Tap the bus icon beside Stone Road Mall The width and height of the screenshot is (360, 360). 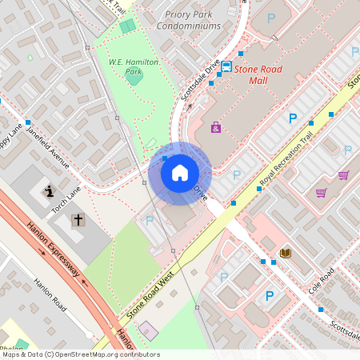click(x=226, y=67)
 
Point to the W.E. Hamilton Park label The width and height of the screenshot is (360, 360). click(x=134, y=66)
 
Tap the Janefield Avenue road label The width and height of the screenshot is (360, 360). click(x=48, y=147)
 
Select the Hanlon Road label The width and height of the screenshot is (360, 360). click(x=50, y=295)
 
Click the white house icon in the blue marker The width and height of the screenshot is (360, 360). click(x=180, y=173)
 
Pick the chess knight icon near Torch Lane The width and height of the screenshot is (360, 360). click(x=49, y=191)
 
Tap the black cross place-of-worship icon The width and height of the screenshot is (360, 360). click(x=78, y=219)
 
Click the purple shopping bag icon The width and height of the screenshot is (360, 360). click(x=216, y=127)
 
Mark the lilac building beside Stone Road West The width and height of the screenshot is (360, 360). click(x=148, y=330)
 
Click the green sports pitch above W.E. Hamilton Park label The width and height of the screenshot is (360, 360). click(x=127, y=26)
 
